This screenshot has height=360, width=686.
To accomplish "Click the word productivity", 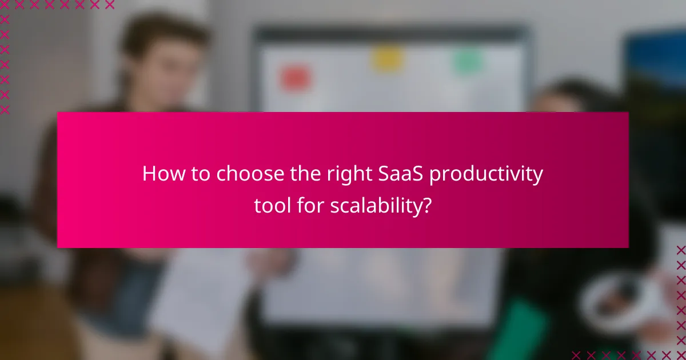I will click(x=486, y=174).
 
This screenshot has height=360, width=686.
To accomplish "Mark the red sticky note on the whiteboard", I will click(x=295, y=78).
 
